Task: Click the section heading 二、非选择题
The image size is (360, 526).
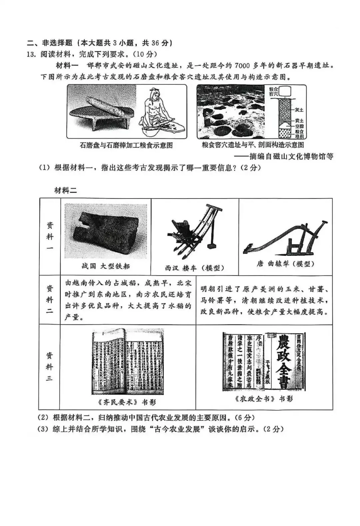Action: (x=50, y=43)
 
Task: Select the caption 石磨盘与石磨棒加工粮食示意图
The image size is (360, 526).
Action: (x=126, y=145)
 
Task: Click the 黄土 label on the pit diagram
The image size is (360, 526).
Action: (x=298, y=121)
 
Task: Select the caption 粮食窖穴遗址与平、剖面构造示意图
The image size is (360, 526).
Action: (x=252, y=145)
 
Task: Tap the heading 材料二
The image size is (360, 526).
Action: (x=66, y=190)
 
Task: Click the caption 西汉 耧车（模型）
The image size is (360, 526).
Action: (x=194, y=268)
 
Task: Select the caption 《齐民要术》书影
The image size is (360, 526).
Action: (x=127, y=402)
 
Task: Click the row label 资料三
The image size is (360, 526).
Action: (x=49, y=366)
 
